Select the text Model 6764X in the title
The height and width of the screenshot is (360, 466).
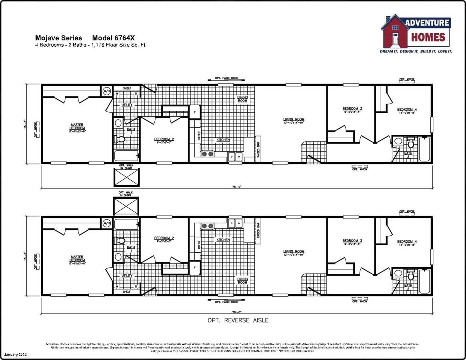pyautogui.click(x=116, y=38)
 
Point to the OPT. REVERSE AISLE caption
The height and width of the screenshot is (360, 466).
pyautogui.click(x=238, y=320)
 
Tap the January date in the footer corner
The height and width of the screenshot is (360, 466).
pyautogui.click(x=15, y=355)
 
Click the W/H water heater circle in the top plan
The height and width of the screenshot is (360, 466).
pyautogui.click(x=107, y=91)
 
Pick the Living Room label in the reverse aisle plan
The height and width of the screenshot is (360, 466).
pyautogui.click(x=294, y=253)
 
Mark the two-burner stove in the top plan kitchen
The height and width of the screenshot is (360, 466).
pyautogui.click(x=207, y=154)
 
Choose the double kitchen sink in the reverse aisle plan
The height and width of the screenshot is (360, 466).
pyautogui.click(x=236, y=223)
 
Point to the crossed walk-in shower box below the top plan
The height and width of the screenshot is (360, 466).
pyautogui.click(x=127, y=177)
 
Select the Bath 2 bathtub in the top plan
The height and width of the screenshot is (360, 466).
pyautogui.click(x=424, y=149)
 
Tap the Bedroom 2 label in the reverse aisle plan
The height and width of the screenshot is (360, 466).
pyautogui.click(x=164, y=239)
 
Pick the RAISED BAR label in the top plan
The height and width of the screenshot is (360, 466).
pyautogui.click(x=258, y=150)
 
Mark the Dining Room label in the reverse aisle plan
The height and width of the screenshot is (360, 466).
pyautogui.click(x=242, y=280)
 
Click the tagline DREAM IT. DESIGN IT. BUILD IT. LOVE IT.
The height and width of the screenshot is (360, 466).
pyautogui.click(x=416, y=52)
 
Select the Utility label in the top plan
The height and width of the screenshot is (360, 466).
pyautogui.click(x=127, y=105)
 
